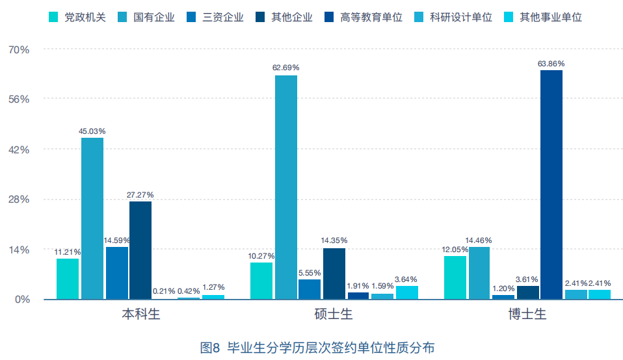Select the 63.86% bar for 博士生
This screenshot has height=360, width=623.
[551, 185]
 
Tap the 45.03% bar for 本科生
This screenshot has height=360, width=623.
[92, 218]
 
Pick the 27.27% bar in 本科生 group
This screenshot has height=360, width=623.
[140, 250]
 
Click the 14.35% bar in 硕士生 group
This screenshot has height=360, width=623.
[334, 274]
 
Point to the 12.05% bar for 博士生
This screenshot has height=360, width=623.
[455, 277]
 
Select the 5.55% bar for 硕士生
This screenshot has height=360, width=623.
[310, 289]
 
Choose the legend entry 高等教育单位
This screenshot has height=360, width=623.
[364, 17]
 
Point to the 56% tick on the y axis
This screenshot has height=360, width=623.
[19, 99]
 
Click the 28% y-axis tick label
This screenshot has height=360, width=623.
[19, 199]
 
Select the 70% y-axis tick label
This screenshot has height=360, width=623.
[19, 49]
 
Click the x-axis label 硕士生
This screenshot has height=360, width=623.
[334, 316]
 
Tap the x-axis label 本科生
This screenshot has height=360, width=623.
[140, 316]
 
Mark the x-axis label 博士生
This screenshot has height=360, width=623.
[527, 316]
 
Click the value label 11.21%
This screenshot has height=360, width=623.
[68, 252]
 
